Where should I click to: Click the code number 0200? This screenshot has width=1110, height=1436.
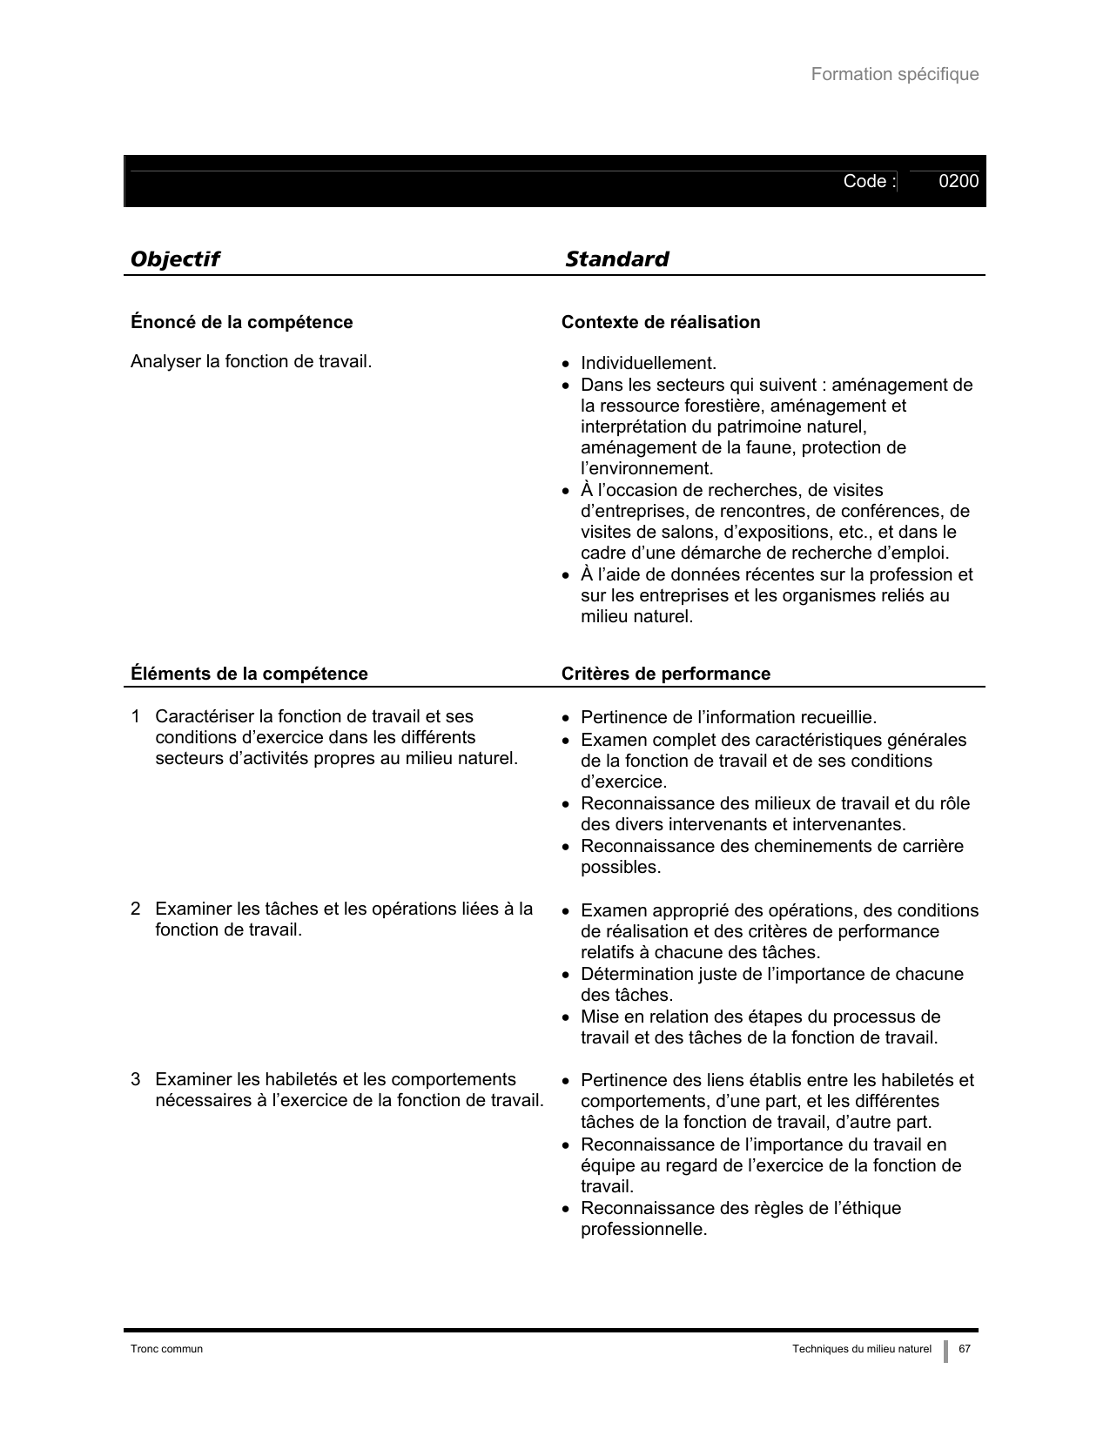click(959, 181)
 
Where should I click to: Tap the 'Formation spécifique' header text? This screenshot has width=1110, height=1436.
click(894, 74)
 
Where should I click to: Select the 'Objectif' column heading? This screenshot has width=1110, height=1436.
click(174, 259)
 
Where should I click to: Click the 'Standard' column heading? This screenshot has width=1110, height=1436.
click(616, 259)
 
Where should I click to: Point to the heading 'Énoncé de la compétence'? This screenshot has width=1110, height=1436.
click(241, 322)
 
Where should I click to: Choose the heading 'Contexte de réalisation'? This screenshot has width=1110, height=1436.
click(661, 322)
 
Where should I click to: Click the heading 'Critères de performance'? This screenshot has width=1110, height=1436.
click(665, 674)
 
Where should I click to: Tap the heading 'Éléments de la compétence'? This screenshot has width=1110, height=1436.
click(249, 674)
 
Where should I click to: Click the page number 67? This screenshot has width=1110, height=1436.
click(965, 1349)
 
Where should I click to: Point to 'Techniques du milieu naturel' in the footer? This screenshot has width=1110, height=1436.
click(861, 1349)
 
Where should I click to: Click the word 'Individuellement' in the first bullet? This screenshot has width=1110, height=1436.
click(647, 363)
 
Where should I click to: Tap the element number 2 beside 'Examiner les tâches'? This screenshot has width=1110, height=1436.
click(136, 909)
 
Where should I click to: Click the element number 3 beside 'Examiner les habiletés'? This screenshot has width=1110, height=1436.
click(136, 1080)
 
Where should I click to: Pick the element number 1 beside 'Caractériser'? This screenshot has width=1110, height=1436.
click(136, 717)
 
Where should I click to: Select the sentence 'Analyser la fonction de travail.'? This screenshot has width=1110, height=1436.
click(251, 361)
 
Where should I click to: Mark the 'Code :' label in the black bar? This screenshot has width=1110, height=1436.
click(869, 181)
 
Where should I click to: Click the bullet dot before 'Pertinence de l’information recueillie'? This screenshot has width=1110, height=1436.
click(567, 719)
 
